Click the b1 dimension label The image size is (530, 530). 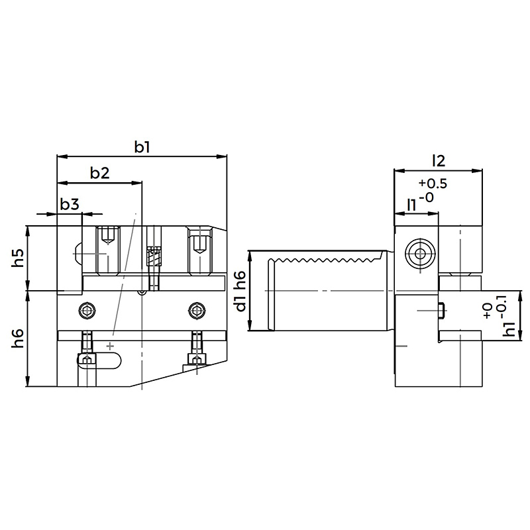point(142,147)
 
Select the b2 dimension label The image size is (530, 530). point(100,173)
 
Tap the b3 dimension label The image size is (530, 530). point(70,204)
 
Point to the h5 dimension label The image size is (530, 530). point(19,258)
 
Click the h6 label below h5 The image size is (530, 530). point(19,339)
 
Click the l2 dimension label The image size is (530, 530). point(439,161)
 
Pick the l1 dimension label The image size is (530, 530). point(411,205)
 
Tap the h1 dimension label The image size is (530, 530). point(509,329)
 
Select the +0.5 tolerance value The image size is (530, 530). point(433,184)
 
